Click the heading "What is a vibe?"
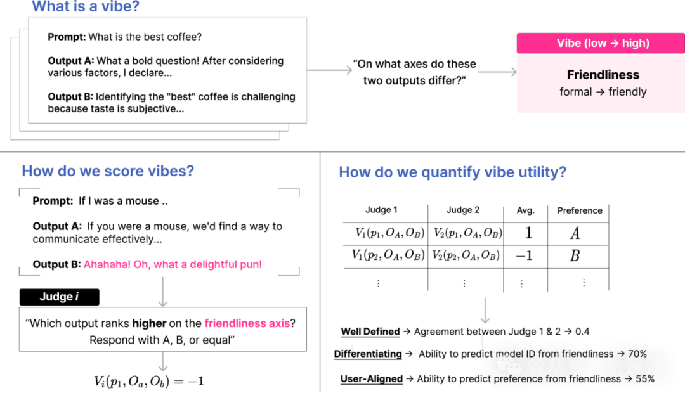[x=86, y=6]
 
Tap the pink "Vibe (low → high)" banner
[x=601, y=43]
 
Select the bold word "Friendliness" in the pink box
[x=603, y=75]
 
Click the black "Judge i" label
[x=60, y=297]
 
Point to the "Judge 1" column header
[x=381, y=210]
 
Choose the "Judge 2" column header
[x=463, y=210]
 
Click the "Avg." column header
[x=526, y=210]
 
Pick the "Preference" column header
[x=580, y=210]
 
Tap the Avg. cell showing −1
[x=525, y=255]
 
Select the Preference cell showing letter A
[x=575, y=233]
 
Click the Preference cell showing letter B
[x=575, y=255]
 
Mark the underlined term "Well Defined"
[x=370, y=332]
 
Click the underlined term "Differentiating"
[x=368, y=354]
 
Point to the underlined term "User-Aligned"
[x=371, y=378]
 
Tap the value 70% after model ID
[x=637, y=354]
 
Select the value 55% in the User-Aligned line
[x=645, y=378]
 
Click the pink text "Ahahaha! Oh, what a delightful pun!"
[x=173, y=264]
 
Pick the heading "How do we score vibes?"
[x=108, y=171]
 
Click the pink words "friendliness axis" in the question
[x=247, y=323]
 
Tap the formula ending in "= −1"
[x=149, y=381]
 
